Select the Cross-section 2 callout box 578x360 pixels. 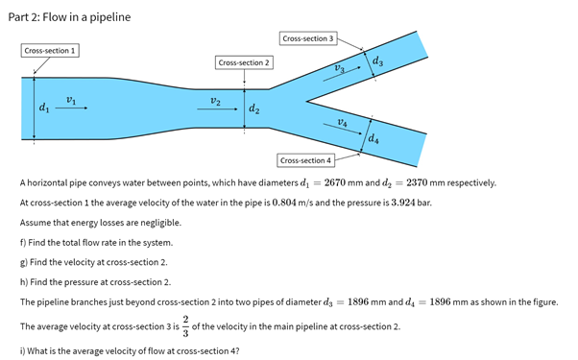[x=245, y=62]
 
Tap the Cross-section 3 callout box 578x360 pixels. [x=308, y=38]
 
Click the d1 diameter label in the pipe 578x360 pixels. [x=41, y=109]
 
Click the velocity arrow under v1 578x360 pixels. [x=71, y=109]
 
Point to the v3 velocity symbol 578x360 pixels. [x=339, y=68]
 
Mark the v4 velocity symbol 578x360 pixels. [x=343, y=121]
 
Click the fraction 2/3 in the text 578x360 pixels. [x=185, y=326]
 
